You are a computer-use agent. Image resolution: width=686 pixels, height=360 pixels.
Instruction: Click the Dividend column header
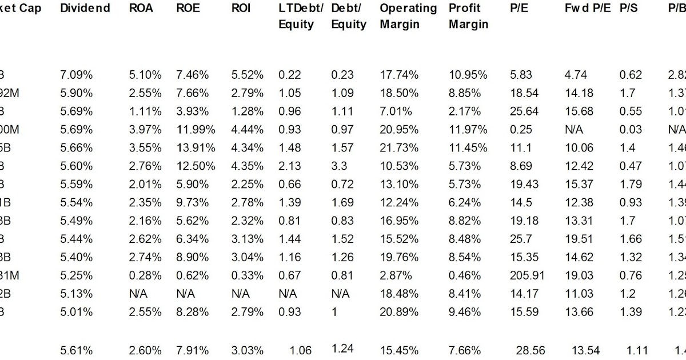point(85,9)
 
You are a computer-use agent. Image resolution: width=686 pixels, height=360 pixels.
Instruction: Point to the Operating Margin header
point(408,16)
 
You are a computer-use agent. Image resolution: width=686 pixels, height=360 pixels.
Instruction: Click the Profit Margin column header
point(468,16)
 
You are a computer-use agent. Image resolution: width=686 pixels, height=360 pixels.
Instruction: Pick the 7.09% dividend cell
point(76,75)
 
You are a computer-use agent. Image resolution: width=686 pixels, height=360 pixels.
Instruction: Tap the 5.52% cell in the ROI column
point(248,75)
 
